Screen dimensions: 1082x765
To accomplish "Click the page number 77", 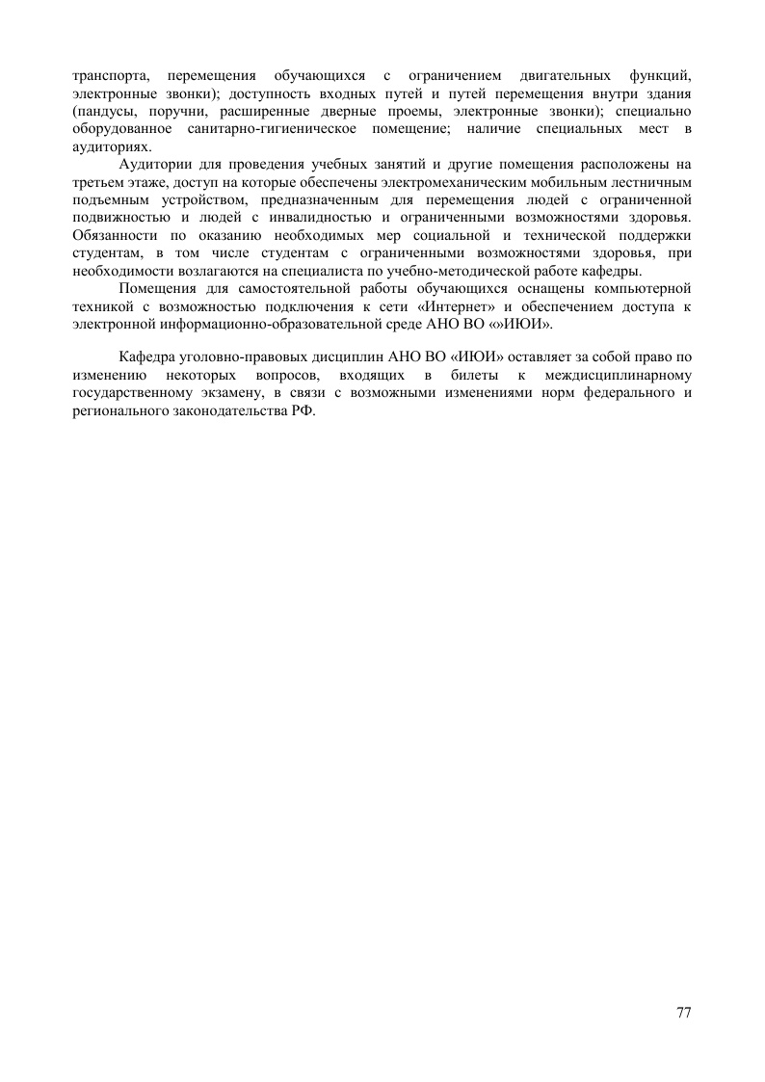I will click(x=684, y=1013).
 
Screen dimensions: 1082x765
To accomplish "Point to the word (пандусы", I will click(x=106, y=111).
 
